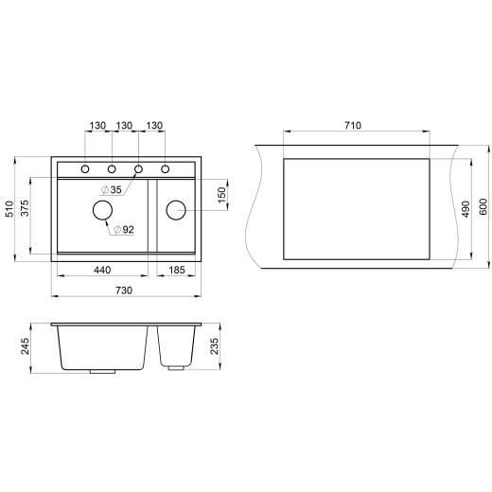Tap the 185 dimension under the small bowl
177,270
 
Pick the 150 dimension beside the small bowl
221,194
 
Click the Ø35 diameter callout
115,190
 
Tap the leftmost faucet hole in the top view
85,169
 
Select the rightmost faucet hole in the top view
165,169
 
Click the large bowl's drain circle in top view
101,212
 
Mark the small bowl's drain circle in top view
175,208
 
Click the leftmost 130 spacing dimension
97,126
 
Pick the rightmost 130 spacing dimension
153,126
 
